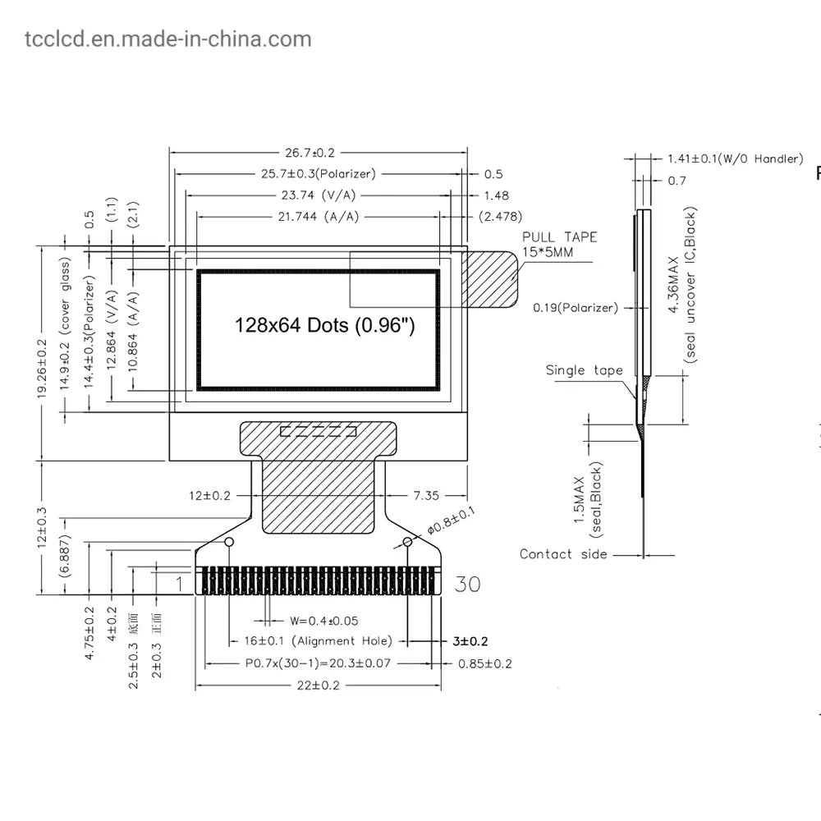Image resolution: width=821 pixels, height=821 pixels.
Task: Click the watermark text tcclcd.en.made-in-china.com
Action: point(168,39)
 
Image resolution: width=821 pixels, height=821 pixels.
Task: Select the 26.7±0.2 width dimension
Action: point(310,153)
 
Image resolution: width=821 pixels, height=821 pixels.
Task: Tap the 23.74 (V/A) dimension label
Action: point(319,195)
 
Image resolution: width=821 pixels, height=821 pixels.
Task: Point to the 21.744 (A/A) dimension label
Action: point(319,217)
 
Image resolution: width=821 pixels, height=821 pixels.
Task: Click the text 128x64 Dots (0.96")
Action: point(324,325)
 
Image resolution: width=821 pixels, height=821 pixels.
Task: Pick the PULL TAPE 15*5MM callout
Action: point(559,245)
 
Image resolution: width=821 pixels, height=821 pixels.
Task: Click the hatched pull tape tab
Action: point(489,279)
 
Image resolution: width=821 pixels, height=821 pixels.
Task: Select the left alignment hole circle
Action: point(229,542)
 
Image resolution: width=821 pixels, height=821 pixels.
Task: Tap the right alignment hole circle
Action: point(407,542)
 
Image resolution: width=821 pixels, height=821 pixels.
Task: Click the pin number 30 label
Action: point(467,584)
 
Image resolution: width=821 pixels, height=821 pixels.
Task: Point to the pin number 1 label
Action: point(180,584)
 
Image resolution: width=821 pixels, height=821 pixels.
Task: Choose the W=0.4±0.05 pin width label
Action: point(324,621)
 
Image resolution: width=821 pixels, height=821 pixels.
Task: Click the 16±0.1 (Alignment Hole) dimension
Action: point(319,641)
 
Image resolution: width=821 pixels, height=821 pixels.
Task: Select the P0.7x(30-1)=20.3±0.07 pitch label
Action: point(318,663)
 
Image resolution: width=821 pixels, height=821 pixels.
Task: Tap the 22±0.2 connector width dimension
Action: point(319,686)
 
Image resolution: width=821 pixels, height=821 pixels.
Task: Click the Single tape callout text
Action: point(585,371)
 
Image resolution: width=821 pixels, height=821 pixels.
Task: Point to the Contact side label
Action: point(563,554)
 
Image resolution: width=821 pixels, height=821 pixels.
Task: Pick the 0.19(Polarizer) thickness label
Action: point(576,308)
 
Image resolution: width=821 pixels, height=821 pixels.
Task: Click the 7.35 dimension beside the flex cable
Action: point(426,495)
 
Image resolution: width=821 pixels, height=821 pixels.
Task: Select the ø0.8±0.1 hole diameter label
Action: point(451,521)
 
